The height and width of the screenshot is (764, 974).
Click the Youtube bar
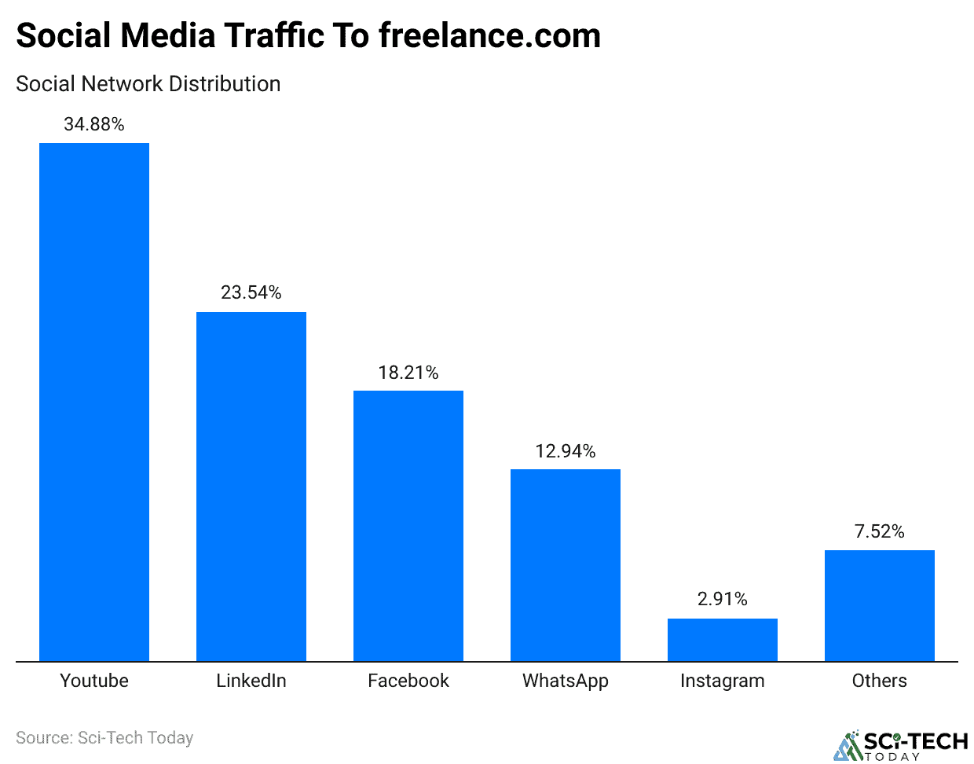click(94, 402)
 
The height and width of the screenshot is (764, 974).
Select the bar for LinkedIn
click(251, 487)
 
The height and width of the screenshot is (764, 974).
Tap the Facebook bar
click(408, 526)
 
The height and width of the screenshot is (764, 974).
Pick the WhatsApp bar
click(566, 565)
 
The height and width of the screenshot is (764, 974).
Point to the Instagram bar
click(723, 640)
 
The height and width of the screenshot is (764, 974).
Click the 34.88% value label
click(94, 124)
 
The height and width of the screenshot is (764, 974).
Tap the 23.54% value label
click(251, 292)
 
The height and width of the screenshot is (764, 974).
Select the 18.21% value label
click(408, 373)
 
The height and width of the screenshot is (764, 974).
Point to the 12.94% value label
click(566, 451)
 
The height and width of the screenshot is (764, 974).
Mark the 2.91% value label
click(723, 599)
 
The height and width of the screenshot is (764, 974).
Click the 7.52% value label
click(880, 531)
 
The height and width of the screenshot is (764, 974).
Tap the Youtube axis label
click(94, 681)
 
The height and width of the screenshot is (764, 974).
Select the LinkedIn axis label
click(251, 681)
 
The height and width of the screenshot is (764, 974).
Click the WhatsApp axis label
click(566, 681)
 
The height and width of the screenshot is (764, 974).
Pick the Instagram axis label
click(723, 681)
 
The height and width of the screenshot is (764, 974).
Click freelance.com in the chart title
click(489, 36)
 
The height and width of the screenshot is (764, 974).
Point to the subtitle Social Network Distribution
click(148, 84)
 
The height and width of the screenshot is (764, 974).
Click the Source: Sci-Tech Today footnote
click(104, 738)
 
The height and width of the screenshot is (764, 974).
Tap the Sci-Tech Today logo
click(901, 745)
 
